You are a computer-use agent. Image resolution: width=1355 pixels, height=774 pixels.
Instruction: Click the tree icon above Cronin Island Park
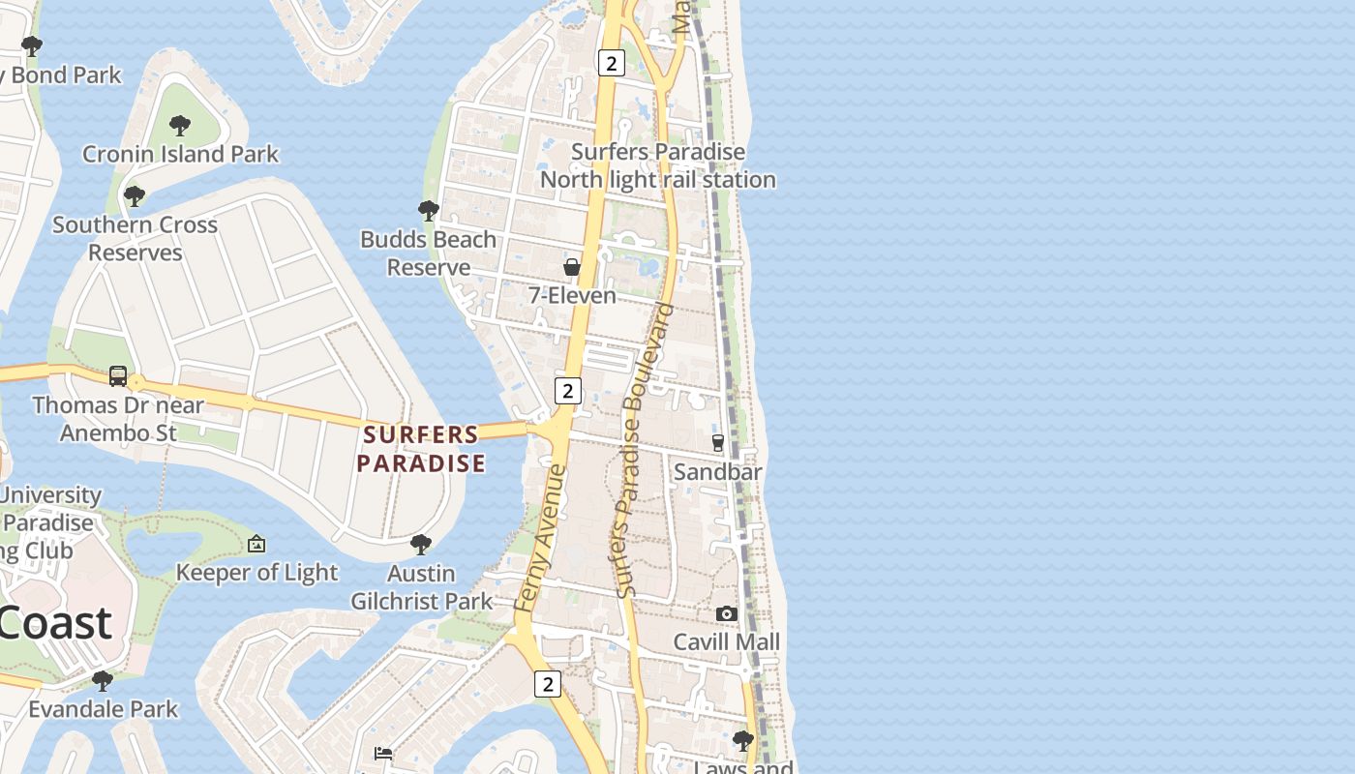[179, 125]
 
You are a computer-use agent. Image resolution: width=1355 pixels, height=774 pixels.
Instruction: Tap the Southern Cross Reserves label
[135, 238]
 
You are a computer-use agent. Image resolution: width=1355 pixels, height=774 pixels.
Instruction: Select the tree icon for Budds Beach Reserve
[428, 210]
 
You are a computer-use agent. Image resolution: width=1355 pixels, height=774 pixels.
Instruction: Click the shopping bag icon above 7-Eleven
[572, 267]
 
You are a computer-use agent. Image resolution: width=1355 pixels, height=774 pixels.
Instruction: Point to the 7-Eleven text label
[572, 295]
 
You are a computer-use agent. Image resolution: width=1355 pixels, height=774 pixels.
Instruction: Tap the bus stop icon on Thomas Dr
[118, 375]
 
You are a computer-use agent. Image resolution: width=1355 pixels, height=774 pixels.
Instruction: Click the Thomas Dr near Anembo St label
[118, 418]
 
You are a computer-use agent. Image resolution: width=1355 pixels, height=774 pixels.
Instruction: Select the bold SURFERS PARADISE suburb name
[421, 449]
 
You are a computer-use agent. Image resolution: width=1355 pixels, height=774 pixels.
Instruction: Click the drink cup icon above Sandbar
[717, 443]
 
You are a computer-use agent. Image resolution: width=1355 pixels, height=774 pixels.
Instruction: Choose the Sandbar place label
[717, 471]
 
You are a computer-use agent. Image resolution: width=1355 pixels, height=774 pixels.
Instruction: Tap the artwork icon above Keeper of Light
[256, 545]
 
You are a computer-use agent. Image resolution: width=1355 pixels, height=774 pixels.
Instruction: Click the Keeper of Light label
[256, 573]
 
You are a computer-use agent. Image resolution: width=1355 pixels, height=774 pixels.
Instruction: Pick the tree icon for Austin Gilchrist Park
[421, 544]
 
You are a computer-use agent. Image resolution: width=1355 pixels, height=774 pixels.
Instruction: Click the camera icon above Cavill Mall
[726, 613]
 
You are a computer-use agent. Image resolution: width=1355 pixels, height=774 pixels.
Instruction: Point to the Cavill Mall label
[726, 641]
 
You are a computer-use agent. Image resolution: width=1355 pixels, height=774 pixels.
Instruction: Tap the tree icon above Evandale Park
[103, 680]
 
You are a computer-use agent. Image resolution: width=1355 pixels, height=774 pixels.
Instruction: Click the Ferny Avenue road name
[540, 538]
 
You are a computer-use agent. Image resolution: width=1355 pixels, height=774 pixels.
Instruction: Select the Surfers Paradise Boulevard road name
[644, 451]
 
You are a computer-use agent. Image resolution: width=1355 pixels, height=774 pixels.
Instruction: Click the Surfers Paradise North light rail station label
[657, 165]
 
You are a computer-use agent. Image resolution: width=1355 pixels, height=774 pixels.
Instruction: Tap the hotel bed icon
[383, 754]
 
